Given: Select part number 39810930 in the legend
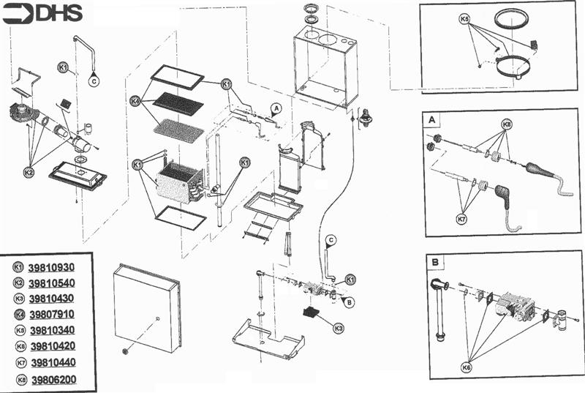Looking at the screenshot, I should [x=52, y=268].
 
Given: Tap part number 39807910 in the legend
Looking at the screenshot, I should [x=52, y=315].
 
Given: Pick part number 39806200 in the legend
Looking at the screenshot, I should [x=52, y=379].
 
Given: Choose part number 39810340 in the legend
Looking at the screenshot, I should [x=52, y=331].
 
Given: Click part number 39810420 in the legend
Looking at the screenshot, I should [x=52, y=346].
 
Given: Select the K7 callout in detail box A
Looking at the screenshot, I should [x=461, y=218].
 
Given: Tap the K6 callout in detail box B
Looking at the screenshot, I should [x=466, y=367].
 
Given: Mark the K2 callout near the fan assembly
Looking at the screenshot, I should [x=29, y=173].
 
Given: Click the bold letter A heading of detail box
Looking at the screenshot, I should [x=431, y=119].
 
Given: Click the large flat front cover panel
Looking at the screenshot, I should [x=146, y=307].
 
